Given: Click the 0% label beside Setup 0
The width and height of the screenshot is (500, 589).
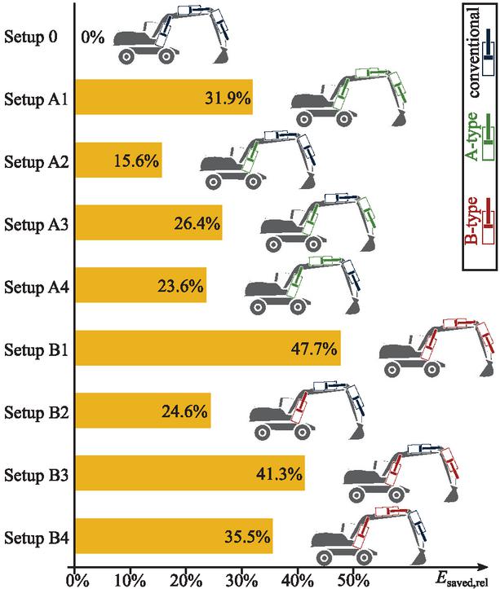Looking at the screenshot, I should pos(92,37).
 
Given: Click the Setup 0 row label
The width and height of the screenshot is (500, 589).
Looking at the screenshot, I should pos(33,37).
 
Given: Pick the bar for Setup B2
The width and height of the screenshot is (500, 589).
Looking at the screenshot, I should pos(143,411).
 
